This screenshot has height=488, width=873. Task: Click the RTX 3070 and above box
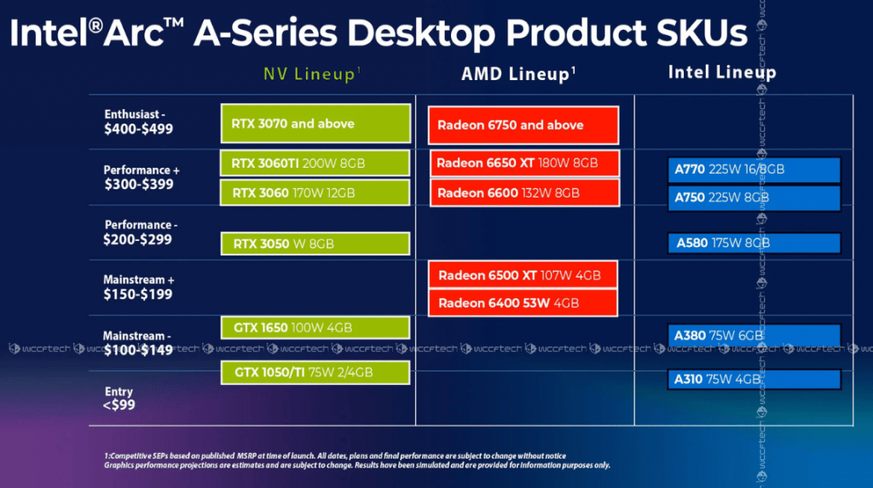tap(315, 123)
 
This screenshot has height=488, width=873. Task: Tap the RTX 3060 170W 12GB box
tap(315, 192)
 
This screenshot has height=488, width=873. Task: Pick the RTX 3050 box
tap(315, 244)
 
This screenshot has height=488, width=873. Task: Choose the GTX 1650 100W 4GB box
tap(315, 328)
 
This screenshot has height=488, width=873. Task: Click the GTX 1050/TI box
tap(315, 372)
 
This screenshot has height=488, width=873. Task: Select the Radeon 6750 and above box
tap(523, 125)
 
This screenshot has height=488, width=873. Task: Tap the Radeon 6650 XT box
tap(523, 163)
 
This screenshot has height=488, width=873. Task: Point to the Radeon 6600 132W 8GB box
tap(523, 193)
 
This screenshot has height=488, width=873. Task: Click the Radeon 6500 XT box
tap(523, 275)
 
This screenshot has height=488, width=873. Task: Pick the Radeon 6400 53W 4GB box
tap(523, 302)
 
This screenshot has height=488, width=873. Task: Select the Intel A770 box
tap(754, 169)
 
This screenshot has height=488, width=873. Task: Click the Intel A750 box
tap(754, 197)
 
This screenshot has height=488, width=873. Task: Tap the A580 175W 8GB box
tap(754, 243)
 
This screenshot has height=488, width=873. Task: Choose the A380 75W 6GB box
tap(754, 336)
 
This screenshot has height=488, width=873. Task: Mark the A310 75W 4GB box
tap(754, 379)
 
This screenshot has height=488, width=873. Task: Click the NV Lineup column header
tap(311, 75)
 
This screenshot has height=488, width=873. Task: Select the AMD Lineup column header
tap(518, 75)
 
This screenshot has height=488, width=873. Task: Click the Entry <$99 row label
tap(119, 398)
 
